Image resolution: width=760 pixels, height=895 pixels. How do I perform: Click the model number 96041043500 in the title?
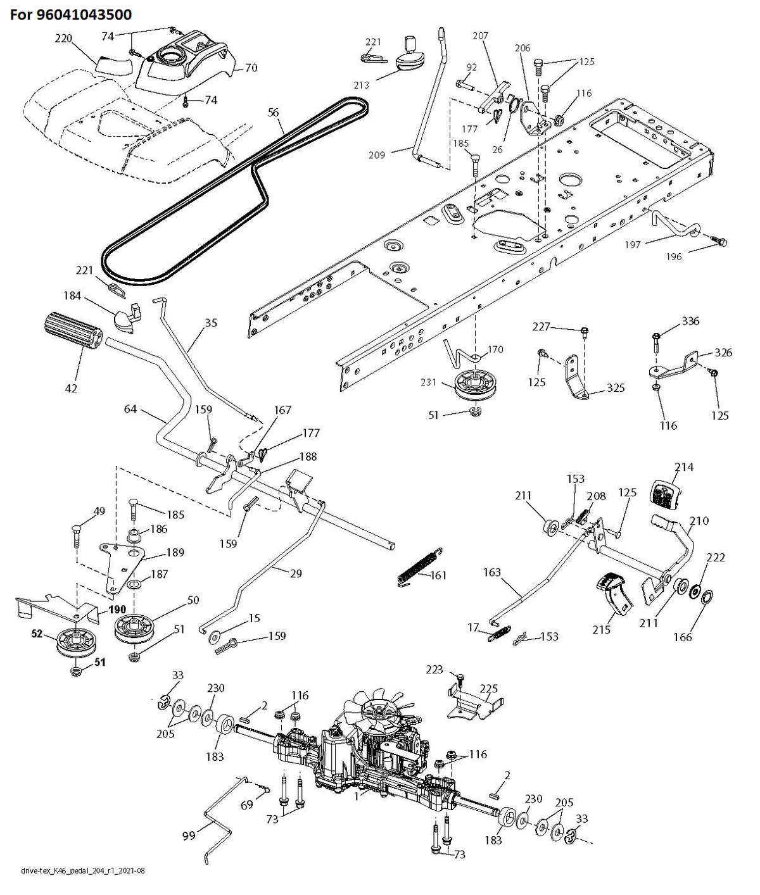(84, 15)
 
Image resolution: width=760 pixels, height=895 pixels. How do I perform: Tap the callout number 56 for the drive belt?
(274, 113)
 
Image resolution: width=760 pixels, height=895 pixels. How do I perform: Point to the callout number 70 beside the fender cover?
(251, 68)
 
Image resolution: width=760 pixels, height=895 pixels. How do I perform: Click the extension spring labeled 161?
(420, 567)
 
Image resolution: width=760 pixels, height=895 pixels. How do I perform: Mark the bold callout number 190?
(117, 610)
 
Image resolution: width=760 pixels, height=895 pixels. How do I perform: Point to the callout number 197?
(633, 245)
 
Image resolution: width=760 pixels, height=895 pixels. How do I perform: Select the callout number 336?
(690, 321)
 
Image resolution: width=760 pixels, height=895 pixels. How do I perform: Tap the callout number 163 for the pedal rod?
(492, 572)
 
